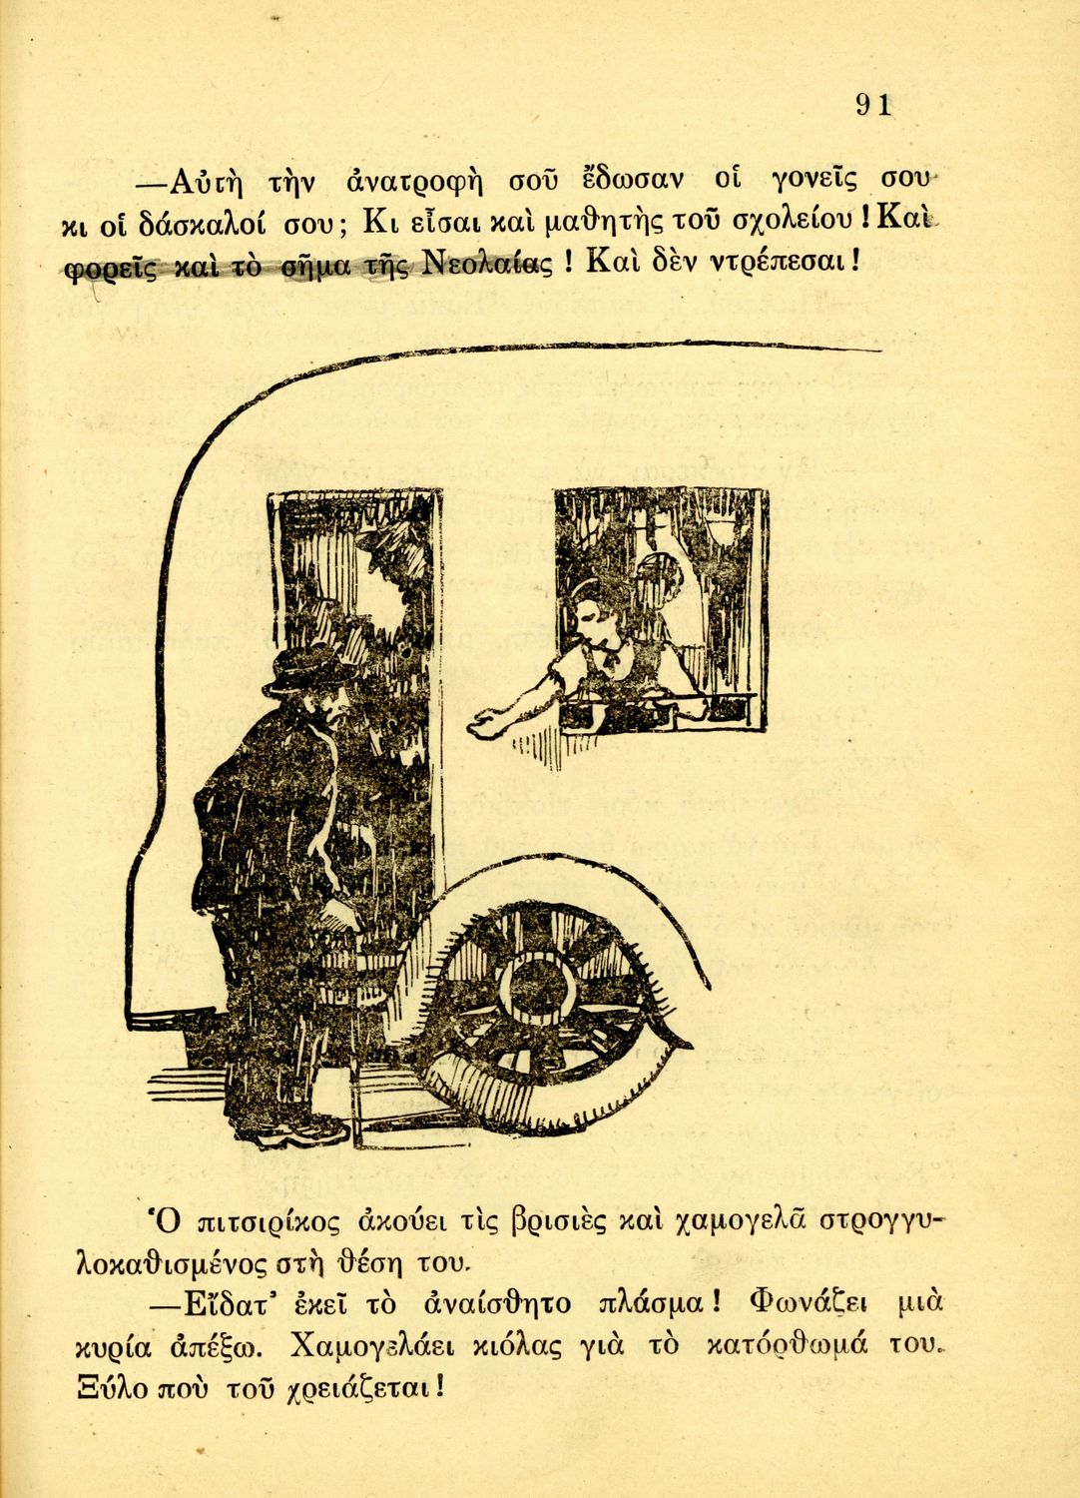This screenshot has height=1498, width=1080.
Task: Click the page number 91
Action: pyautogui.click(x=872, y=105)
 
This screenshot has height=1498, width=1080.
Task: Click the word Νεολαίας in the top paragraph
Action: pyautogui.click(x=488, y=264)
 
